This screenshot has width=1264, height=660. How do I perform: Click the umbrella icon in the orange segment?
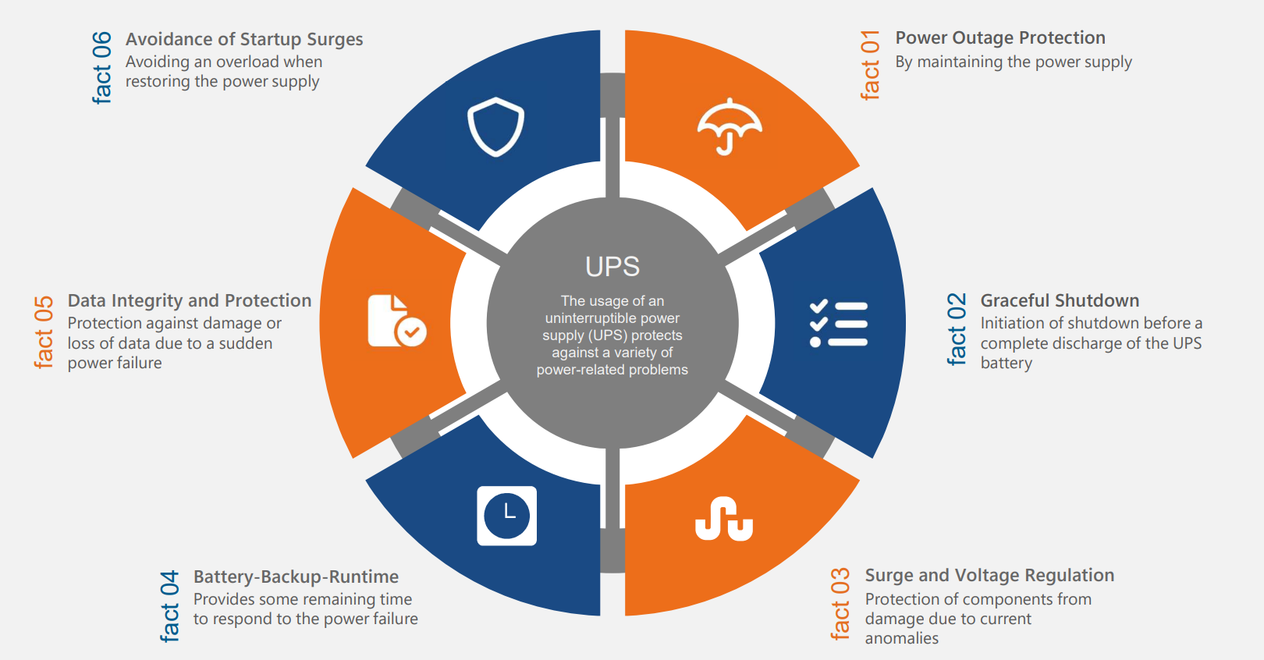729,126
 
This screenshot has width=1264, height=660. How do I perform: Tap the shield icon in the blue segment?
495,126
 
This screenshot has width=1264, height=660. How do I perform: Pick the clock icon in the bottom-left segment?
507,516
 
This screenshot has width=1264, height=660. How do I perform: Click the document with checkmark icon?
396,321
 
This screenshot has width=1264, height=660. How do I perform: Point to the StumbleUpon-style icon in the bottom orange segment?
724,519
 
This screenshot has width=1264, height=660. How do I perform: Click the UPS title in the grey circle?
612,267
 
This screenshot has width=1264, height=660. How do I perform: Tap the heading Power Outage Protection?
1000,37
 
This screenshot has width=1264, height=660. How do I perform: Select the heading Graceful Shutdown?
1060,300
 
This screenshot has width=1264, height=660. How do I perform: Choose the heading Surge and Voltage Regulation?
989,575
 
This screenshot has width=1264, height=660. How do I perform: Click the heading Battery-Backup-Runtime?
296,577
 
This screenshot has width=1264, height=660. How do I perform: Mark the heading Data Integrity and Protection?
190,300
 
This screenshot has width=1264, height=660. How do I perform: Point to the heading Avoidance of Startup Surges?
244,39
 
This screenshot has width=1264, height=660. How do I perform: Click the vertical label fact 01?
870,66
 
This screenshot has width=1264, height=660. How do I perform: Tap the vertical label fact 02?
957,329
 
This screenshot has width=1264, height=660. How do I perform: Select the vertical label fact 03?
840,604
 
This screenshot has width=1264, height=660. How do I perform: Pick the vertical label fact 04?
169,606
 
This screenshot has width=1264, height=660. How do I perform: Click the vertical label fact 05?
44,332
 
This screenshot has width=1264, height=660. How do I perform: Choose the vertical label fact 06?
101,68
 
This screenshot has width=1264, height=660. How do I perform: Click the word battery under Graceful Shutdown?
1006,363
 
